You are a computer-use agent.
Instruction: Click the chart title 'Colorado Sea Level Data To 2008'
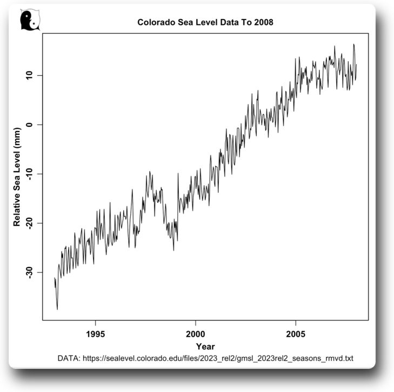tap(205, 22)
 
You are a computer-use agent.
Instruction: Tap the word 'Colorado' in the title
tap(155, 22)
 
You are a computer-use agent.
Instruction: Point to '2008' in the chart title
tap(263, 22)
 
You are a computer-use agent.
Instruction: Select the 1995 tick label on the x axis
tap(96, 334)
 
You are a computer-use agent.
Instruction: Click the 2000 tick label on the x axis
tap(196, 334)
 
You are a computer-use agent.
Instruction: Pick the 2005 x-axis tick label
tap(296, 334)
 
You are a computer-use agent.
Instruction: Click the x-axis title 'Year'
tap(205, 347)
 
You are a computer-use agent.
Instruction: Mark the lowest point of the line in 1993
tap(57, 309)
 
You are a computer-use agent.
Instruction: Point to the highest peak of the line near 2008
tap(353, 44)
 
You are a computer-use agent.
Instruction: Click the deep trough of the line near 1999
tap(173, 250)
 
